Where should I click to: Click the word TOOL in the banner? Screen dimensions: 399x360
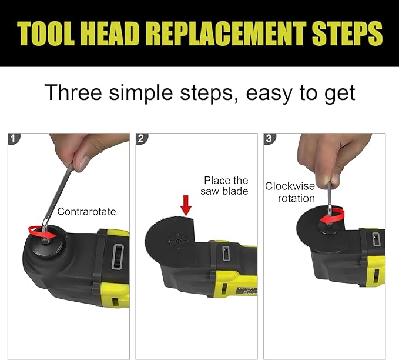(46, 34)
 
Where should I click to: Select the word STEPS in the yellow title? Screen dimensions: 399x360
(347, 34)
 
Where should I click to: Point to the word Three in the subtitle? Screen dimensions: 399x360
(73, 92)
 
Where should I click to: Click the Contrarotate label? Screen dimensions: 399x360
(86, 211)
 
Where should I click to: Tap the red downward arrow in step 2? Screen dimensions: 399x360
(186, 206)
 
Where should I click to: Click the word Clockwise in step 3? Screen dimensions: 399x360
(290, 186)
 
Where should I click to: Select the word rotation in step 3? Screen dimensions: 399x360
(296, 198)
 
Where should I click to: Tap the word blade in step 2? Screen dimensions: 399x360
(236, 191)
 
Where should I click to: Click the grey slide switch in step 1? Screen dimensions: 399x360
(118, 256)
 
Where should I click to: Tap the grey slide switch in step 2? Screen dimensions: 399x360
(226, 254)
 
